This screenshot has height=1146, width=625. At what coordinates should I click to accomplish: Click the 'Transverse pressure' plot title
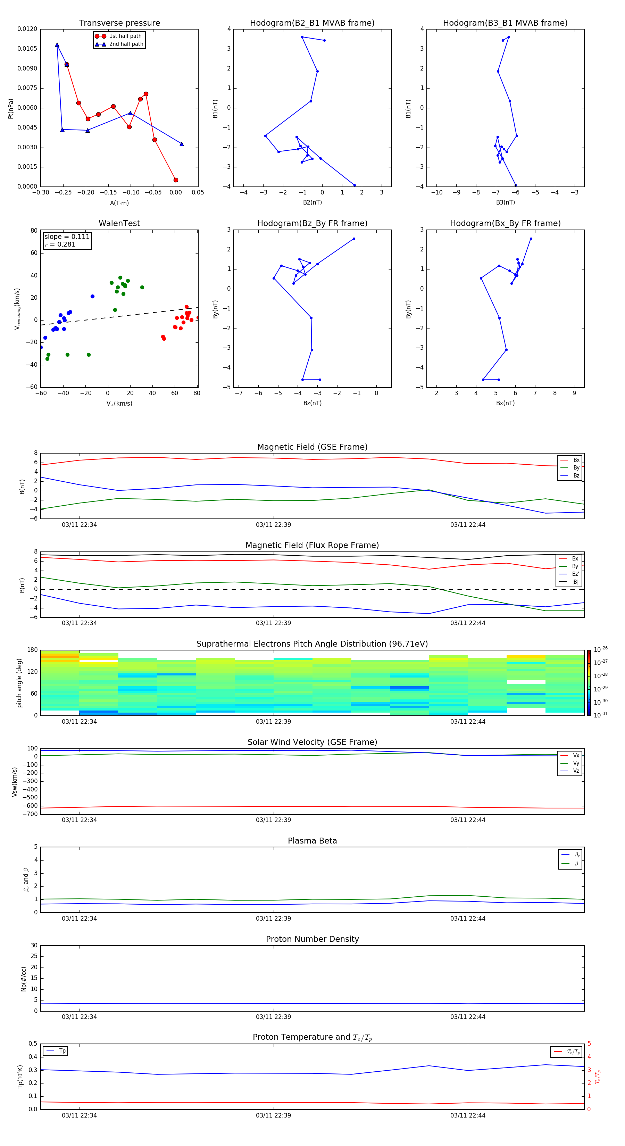coord(119,23)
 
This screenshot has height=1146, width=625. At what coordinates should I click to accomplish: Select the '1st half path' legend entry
coord(125,36)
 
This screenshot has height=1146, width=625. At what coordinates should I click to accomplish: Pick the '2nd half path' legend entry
coord(126,44)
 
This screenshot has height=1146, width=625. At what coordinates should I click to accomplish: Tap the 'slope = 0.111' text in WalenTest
coord(67,237)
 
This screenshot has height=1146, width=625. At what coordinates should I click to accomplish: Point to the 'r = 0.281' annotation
coord(60,244)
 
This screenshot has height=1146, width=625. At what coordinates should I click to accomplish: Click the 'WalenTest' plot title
coord(119,223)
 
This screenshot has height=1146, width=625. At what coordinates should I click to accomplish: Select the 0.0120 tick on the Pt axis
coord(27,29)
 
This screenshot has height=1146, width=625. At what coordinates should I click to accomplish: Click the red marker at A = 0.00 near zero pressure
coord(176,180)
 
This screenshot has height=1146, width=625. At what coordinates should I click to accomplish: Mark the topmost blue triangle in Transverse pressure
coord(57,45)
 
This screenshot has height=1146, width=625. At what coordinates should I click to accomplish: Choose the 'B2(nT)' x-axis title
coord(312,202)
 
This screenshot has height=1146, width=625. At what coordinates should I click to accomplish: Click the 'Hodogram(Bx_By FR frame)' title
coord(505,223)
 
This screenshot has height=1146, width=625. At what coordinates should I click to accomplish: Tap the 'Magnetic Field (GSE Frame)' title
coord(312,447)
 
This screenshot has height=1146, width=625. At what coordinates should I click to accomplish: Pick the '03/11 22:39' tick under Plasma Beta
coord(273,918)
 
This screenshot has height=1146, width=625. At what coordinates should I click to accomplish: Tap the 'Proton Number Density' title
coord(312,939)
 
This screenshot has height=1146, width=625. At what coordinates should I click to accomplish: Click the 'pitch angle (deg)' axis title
coord(19,683)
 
